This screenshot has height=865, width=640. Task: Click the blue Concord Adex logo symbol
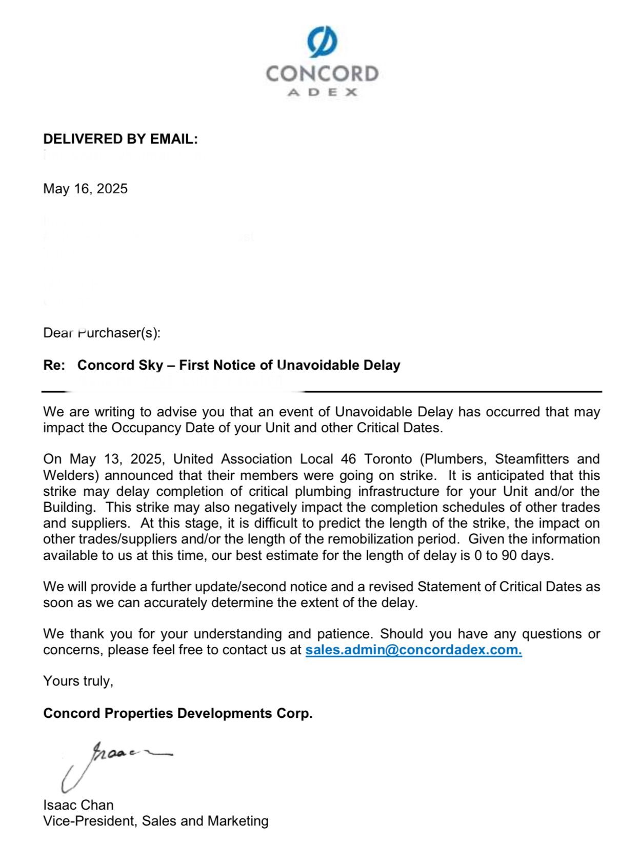tap(322, 42)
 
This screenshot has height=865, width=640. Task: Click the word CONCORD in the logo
tap(322, 74)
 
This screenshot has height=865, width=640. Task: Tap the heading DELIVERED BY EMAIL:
tap(121, 139)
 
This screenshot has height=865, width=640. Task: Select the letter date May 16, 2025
tap(85, 189)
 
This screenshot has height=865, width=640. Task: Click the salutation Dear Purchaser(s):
tap(102, 333)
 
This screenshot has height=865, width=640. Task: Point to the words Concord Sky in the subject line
tap(120, 365)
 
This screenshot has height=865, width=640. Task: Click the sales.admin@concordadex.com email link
tap(413, 650)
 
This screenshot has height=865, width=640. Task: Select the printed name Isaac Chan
tap(78, 805)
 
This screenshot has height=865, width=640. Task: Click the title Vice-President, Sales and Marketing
tap(155, 821)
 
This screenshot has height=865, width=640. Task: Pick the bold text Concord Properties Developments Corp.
tap(177, 713)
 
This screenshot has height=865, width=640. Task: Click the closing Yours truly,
tap(78, 681)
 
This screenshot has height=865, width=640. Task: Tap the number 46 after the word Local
tap(348, 459)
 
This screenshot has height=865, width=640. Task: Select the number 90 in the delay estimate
tap(509, 555)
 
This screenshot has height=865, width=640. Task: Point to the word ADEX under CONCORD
tap(322, 92)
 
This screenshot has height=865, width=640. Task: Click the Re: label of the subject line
tap(54, 365)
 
